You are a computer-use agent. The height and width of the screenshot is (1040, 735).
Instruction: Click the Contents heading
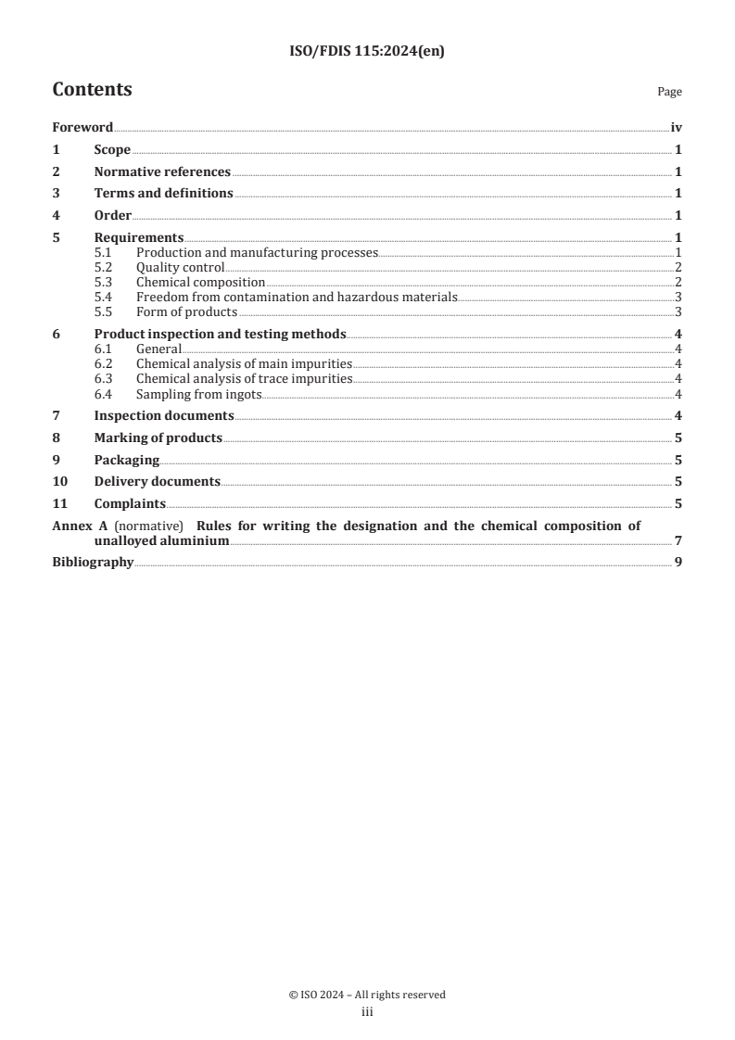point(92,90)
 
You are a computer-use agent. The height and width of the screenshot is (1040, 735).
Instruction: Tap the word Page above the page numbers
point(669,93)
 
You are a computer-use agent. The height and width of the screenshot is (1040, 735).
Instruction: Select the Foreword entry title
point(82,128)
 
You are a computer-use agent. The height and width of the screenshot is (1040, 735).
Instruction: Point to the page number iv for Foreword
point(676,128)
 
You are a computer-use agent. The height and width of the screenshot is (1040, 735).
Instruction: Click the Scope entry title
point(112,149)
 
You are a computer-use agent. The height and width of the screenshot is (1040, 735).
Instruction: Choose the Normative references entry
point(162,171)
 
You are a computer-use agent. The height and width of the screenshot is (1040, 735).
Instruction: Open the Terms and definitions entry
point(163,193)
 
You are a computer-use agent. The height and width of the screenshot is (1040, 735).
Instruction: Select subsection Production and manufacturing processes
point(257,252)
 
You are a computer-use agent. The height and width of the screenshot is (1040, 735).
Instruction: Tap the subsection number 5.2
point(105,267)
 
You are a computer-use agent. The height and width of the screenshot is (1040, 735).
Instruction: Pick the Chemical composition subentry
point(200,282)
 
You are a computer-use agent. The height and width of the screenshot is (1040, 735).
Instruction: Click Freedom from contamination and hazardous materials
point(297,297)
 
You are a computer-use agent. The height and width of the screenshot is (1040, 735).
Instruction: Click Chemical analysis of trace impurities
point(244,378)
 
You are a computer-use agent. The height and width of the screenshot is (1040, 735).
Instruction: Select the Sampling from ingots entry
point(198,393)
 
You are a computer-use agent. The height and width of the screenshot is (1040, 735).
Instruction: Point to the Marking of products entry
point(158,438)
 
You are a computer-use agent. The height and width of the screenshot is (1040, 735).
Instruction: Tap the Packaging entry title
point(126,460)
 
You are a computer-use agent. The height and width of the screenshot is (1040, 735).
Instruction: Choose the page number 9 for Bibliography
point(678,563)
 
